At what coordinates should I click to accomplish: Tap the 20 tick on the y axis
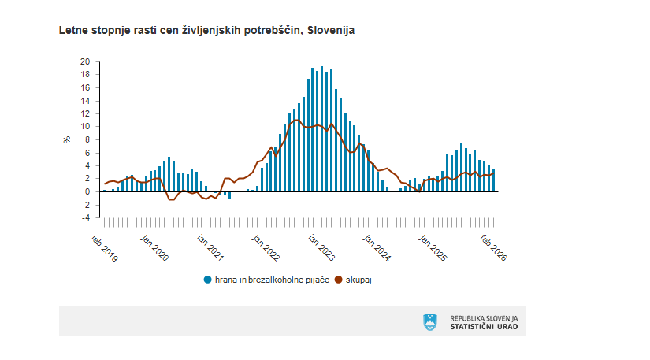[x=85, y=61]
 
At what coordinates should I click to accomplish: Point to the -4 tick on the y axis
[x=85, y=217]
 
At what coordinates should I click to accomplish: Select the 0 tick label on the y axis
[x=87, y=191]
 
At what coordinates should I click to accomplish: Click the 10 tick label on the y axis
[x=85, y=126]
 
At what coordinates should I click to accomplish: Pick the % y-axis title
[x=67, y=139]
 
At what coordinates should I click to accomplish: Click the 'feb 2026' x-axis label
[x=494, y=247]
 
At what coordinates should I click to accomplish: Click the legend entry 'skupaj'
[x=358, y=280]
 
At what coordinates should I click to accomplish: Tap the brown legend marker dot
[x=340, y=280]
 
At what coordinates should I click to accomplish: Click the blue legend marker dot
[x=208, y=280]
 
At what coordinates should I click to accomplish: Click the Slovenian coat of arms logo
[x=429, y=321]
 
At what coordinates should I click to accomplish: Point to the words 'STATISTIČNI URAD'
[x=484, y=326]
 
